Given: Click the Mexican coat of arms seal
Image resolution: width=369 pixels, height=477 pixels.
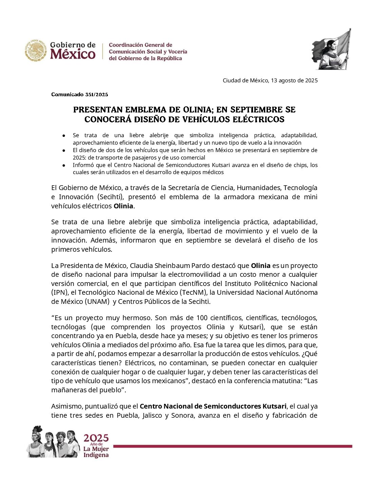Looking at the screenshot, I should coord(35,51).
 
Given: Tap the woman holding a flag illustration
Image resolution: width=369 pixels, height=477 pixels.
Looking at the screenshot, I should coord(331,50).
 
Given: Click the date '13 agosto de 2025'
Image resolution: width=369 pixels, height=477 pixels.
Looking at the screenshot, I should coord(294,81).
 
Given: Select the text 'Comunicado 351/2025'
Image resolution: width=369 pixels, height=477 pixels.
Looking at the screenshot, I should coord(80,95).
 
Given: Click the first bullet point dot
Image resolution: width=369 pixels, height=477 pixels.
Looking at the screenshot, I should coord(63,136).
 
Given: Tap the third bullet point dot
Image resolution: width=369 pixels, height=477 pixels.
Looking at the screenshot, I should coord(63,165).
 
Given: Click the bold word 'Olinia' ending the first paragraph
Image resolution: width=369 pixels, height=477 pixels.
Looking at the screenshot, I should coord(123,206).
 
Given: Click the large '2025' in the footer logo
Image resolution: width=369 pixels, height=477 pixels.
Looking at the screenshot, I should coord(96,438).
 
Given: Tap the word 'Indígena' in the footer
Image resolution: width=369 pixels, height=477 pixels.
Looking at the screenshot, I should coord(96,455).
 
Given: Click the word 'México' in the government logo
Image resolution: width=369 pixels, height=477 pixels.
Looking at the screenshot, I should coord(73,54).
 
